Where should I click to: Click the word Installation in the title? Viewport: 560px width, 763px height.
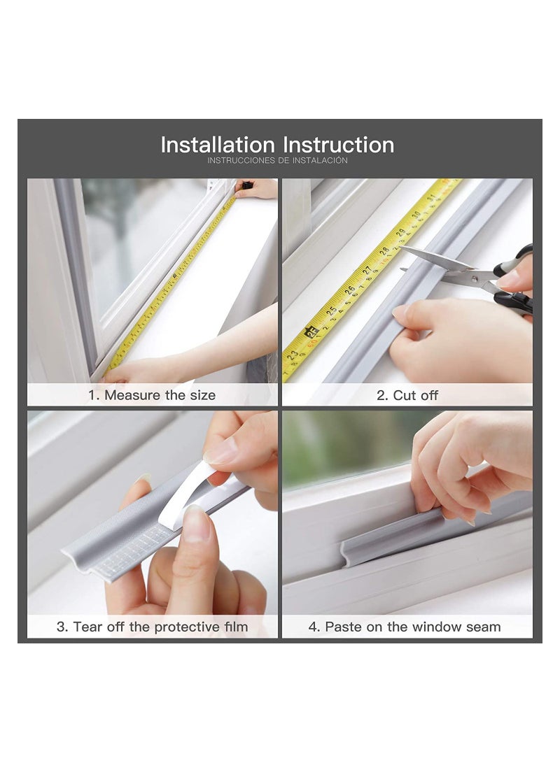[218, 145]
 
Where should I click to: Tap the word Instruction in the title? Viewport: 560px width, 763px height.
[338, 145]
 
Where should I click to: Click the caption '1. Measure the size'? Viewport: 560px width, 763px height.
[152, 395]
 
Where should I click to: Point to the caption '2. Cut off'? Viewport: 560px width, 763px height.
[407, 395]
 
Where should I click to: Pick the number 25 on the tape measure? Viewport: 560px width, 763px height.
[332, 310]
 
